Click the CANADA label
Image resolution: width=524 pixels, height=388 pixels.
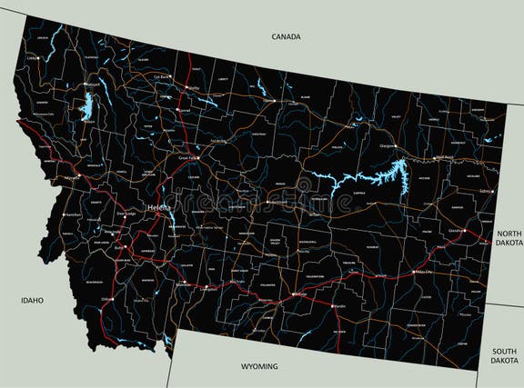point(286,36)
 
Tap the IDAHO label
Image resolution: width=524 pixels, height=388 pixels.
point(33,299)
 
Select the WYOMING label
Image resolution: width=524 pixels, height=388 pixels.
point(259,366)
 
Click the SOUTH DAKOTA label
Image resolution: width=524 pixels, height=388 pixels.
point(505,355)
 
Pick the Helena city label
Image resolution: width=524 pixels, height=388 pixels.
point(159,206)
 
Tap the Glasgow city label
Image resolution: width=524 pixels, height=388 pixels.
point(388,146)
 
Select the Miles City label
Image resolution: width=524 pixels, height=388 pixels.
point(424,272)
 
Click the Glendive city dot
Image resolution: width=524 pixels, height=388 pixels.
point(466,232)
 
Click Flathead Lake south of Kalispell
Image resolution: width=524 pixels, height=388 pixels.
point(87,110)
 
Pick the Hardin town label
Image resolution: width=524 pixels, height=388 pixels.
point(339,306)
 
